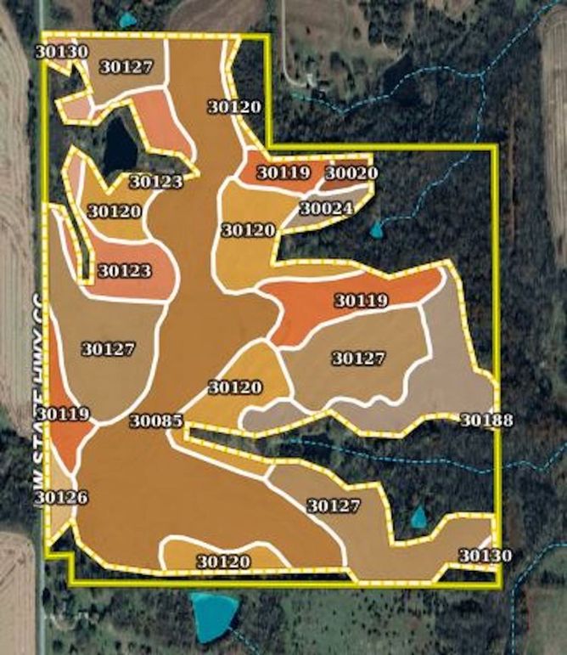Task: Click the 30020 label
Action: click(x=351, y=173)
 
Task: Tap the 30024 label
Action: click(x=326, y=208)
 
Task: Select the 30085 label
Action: click(x=155, y=420)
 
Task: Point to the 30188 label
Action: click(x=486, y=420)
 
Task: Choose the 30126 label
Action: click(x=62, y=497)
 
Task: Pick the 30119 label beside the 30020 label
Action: click(x=283, y=172)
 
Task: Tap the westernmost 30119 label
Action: click(x=64, y=415)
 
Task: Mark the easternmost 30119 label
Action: click(x=361, y=300)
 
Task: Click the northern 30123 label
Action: click(x=155, y=181)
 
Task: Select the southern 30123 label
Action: click(x=124, y=271)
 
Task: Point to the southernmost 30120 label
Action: click(x=223, y=562)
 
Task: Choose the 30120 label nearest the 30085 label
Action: click(x=235, y=387)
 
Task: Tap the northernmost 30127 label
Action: click(x=126, y=69)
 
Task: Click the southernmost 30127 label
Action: click(x=334, y=506)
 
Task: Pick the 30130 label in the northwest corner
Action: click(x=62, y=51)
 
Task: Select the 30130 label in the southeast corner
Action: click(x=486, y=556)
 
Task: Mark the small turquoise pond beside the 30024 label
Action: click(x=377, y=228)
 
